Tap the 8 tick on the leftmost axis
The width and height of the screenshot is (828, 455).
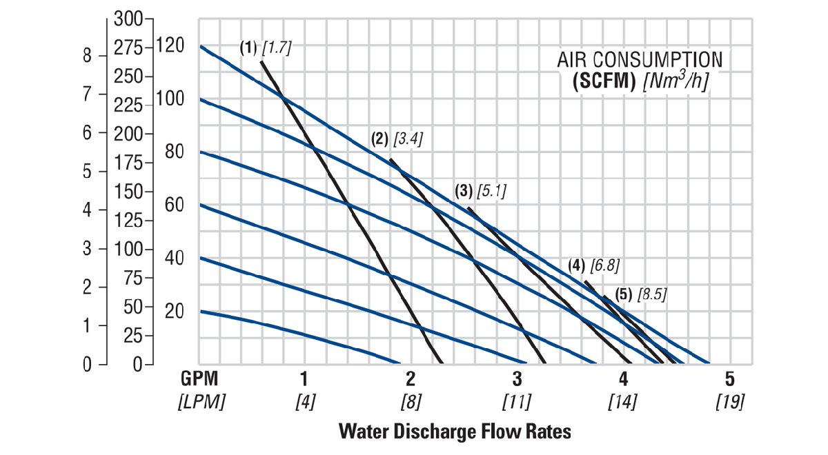tap(87, 56)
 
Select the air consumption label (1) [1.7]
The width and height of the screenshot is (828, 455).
tap(266, 48)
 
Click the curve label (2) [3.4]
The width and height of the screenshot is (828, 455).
tap(397, 139)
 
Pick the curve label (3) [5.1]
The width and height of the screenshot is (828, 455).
tap(480, 191)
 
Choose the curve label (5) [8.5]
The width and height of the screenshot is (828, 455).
tap(641, 294)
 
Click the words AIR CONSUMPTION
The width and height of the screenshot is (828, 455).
tap(640, 59)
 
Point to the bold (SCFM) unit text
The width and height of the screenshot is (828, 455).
tap(604, 80)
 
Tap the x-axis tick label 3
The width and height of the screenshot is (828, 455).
tap(517, 378)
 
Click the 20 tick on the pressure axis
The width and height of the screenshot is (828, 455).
tap(175, 311)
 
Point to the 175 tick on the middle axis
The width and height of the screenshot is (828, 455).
tap(128, 163)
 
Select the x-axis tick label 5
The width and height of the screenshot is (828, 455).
tap(730, 378)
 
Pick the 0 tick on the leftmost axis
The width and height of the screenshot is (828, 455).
tap(87, 364)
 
